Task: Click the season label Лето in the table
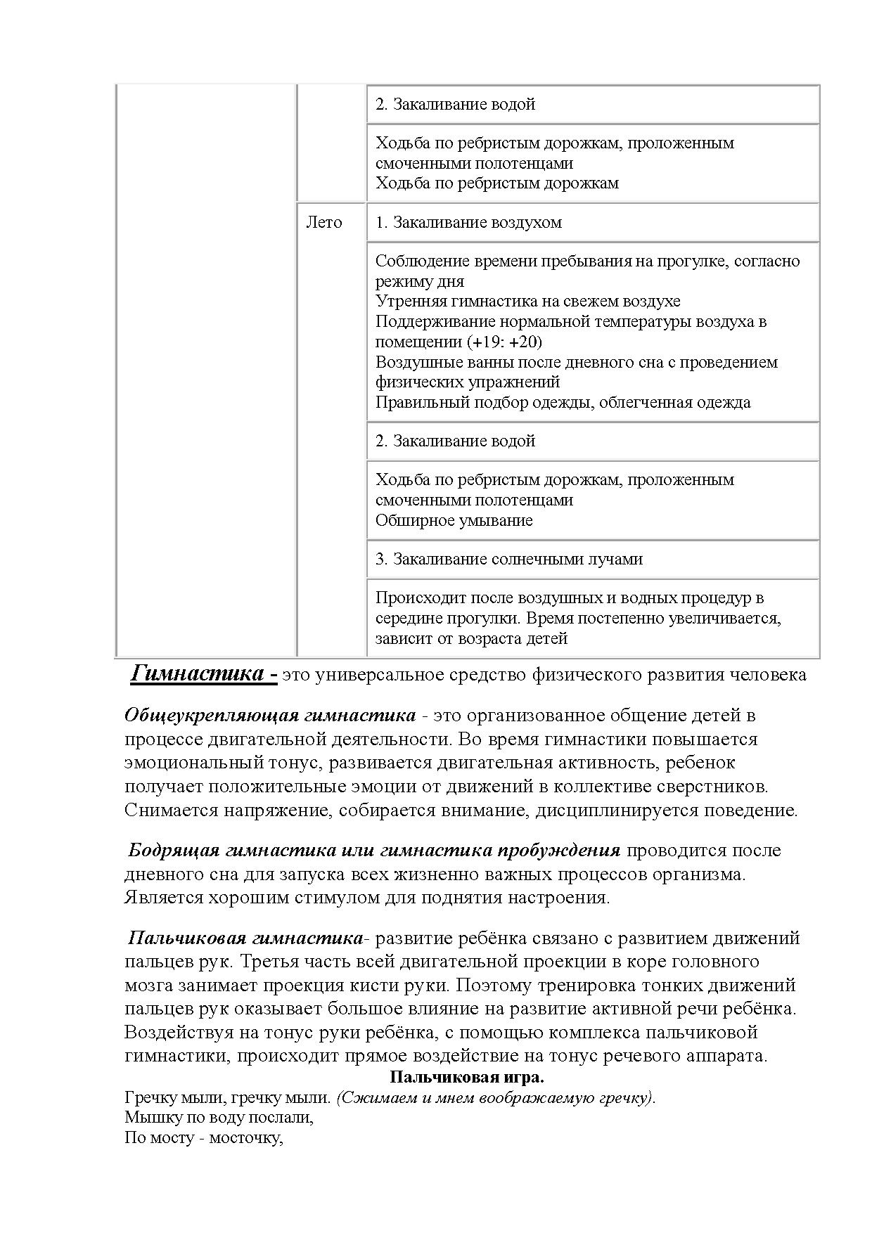coord(323,223)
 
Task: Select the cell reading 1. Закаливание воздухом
coord(468,223)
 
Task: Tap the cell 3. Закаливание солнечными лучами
coord(508,560)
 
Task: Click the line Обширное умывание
coord(454,521)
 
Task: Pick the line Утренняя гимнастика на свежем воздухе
coord(527,302)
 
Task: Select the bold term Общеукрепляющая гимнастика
coord(270,716)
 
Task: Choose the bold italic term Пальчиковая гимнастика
coord(245,938)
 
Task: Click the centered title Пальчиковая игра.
coord(467,1078)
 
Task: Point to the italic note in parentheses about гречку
coord(496,1098)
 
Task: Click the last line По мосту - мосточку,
coord(203,1137)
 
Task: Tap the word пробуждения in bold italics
coord(559,851)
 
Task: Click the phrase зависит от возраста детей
coord(471,639)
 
